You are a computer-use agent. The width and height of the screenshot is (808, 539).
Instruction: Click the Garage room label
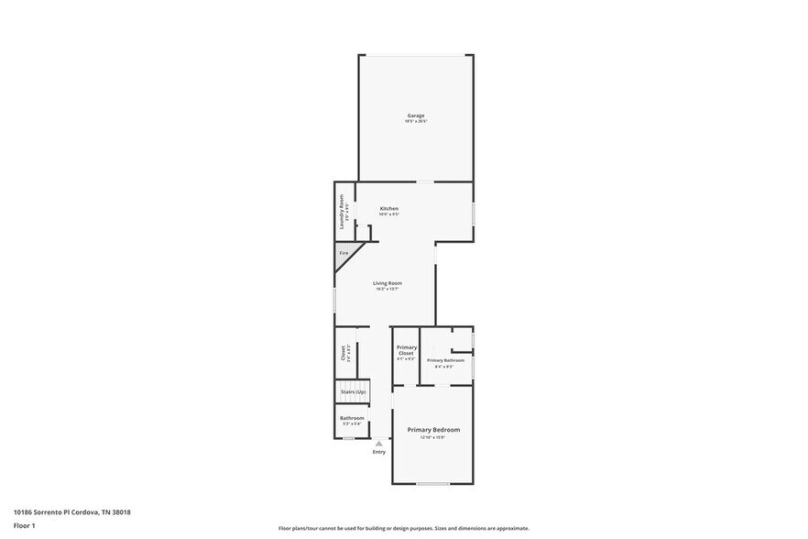[415, 115]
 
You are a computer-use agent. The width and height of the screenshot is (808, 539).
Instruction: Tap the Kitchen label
[389, 208]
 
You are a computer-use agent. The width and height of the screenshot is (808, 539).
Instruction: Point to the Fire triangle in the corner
[344, 253]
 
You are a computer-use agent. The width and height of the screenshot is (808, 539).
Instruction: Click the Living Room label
[388, 283]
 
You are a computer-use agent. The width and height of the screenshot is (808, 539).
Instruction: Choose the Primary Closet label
[406, 349]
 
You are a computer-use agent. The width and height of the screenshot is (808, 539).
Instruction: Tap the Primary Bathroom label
[446, 360]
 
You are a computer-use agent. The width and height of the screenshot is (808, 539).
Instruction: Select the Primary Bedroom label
[433, 429]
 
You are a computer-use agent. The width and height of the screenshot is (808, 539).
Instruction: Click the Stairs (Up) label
[353, 391]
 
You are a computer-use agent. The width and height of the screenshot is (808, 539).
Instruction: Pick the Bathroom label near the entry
[352, 418]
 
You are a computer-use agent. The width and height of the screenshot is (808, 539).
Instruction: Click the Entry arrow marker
[378, 443]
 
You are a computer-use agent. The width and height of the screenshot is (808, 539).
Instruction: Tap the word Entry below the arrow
[378, 452]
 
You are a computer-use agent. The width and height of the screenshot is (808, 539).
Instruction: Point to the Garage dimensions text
[416, 122]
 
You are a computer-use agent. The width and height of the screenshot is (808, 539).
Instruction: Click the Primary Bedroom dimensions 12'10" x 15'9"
[433, 437]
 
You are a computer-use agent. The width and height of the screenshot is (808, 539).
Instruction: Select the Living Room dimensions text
[388, 289]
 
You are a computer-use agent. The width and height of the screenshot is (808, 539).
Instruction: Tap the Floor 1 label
[24, 525]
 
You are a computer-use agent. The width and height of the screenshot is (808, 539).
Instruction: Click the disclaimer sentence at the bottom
[403, 528]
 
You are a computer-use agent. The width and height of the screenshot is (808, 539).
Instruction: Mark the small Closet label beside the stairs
[343, 352]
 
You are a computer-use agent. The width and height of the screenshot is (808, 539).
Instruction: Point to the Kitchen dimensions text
[389, 214]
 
